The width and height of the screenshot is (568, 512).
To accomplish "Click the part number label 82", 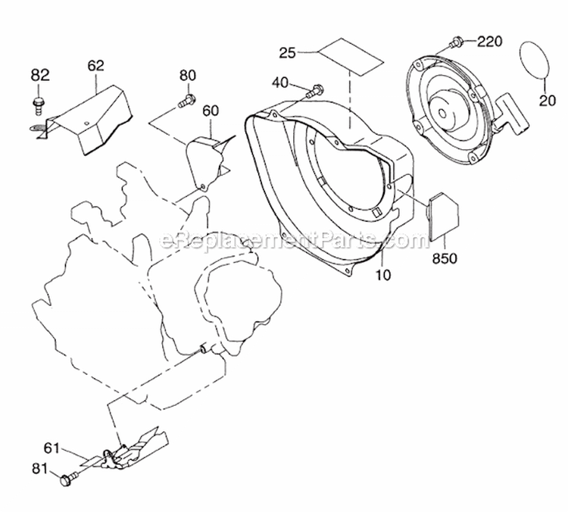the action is [x=40, y=76].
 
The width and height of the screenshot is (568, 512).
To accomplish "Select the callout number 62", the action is [x=95, y=66].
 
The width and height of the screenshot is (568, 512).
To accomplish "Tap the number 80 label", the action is [x=188, y=76].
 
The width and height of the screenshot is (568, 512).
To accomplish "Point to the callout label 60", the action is [x=211, y=111].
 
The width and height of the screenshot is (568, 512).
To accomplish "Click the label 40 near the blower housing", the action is [x=280, y=83].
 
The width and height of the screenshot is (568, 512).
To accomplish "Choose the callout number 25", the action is [x=288, y=53].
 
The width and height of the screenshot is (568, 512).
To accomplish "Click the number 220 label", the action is [x=489, y=42].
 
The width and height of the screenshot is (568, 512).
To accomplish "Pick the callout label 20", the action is [x=548, y=101].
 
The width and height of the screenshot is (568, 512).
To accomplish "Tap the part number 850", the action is [x=445, y=259].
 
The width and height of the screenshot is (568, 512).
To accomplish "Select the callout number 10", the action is [x=383, y=275].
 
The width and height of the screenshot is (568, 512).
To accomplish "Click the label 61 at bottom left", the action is [x=51, y=448].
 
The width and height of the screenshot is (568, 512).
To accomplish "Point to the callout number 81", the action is [x=39, y=469].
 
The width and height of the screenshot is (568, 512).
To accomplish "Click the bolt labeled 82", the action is [x=37, y=105].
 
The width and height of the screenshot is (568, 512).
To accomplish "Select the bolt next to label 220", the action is [x=455, y=42].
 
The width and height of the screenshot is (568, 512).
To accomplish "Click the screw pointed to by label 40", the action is [x=315, y=91].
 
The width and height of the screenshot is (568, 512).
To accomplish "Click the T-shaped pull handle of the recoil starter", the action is [x=513, y=116].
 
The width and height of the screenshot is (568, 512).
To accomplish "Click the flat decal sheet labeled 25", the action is [x=351, y=56].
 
